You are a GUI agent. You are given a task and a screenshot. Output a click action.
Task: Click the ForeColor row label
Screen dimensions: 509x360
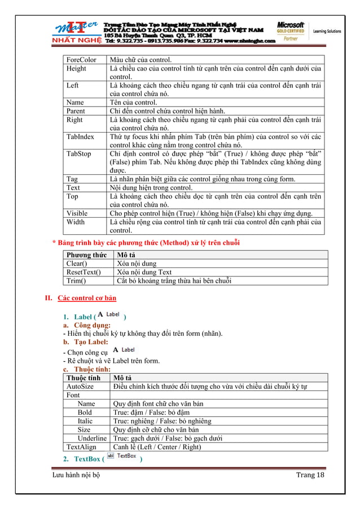click(81, 60)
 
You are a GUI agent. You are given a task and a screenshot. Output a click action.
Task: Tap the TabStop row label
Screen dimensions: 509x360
click(80, 153)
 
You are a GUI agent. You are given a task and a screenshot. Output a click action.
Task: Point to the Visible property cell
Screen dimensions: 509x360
click(77, 213)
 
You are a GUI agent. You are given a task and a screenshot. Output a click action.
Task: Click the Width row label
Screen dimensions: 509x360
click(76, 222)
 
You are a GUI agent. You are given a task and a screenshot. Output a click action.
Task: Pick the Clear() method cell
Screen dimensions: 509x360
click(77, 264)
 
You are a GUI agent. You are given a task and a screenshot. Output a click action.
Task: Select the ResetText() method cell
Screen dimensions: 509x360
click(82, 272)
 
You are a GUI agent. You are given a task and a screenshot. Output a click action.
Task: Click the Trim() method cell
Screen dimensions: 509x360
click(76, 280)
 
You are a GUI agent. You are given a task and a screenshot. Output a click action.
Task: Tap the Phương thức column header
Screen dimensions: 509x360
click(87, 255)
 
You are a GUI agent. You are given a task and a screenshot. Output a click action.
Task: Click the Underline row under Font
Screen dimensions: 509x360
click(92, 438)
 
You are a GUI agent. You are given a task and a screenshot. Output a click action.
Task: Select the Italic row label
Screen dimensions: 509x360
click(85, 421)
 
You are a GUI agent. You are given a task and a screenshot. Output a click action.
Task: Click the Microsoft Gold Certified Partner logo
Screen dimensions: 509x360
click(292, 33)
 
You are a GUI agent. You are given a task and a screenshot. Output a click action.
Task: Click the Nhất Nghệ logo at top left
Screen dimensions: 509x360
click(77, 33)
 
